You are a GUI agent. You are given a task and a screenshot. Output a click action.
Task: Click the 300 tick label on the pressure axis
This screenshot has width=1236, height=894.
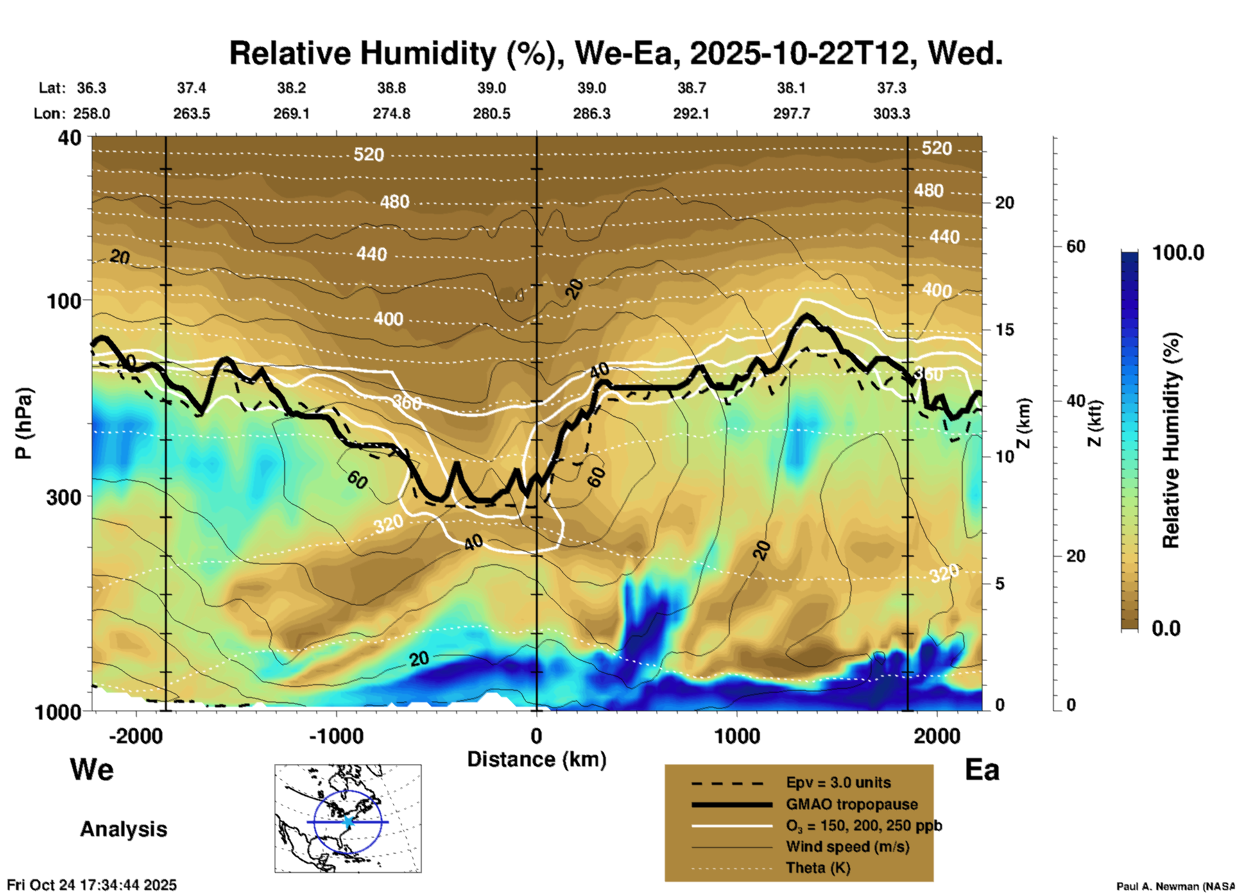pyautogui.click(x=64, y=497)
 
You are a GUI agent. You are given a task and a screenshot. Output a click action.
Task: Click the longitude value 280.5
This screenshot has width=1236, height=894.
pyautogui.click(x=492, y=114)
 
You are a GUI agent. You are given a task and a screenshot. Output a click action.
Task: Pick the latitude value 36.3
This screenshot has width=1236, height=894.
pyautogui.click(x=91, y=88)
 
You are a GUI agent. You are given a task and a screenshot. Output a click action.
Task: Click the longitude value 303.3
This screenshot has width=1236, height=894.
pyautogui.click(x=891, y=114)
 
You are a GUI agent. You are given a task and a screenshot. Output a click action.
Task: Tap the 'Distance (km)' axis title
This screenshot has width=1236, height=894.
pyautogui.click(x=536, y=759)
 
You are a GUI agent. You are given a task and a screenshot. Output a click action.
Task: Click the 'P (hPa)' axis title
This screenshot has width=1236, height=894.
pyautogui.click(x=24, y=423)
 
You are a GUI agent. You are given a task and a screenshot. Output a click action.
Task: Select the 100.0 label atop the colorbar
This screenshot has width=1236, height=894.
pyautogui.click(x=1178, y=253)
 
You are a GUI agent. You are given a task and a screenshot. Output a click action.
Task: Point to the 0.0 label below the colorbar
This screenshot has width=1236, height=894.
pyautogui.click(x=1166, y=628)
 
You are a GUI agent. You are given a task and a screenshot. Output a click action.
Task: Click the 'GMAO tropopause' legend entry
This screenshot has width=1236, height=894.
pyautogui.click(x=852, y=804)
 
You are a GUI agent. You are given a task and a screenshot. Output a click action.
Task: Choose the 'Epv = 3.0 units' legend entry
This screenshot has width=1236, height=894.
pyautogui.click(x=838, y=782)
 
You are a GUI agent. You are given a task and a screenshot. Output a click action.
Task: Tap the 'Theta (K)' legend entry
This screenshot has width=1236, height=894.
pyautogui.click(x=818, y=868)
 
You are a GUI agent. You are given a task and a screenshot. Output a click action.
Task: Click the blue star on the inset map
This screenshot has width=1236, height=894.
pyautogui.click(x=348, y=822)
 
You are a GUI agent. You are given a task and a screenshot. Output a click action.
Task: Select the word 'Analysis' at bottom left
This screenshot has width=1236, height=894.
pyautogui.click(x=123, y=829)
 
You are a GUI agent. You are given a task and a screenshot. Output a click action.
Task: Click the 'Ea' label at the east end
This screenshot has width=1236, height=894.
pyautogui.click(x=982, y=770)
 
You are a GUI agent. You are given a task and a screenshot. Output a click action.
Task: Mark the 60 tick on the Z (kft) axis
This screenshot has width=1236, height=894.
pyautogui.click(x=1076, y=246)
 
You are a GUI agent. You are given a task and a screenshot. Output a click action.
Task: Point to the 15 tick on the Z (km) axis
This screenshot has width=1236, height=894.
pyautogui.click(x=1004, y=330)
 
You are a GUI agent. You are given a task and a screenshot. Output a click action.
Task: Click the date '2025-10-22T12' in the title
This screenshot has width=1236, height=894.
pyautogui.click(x=800, y=53)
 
